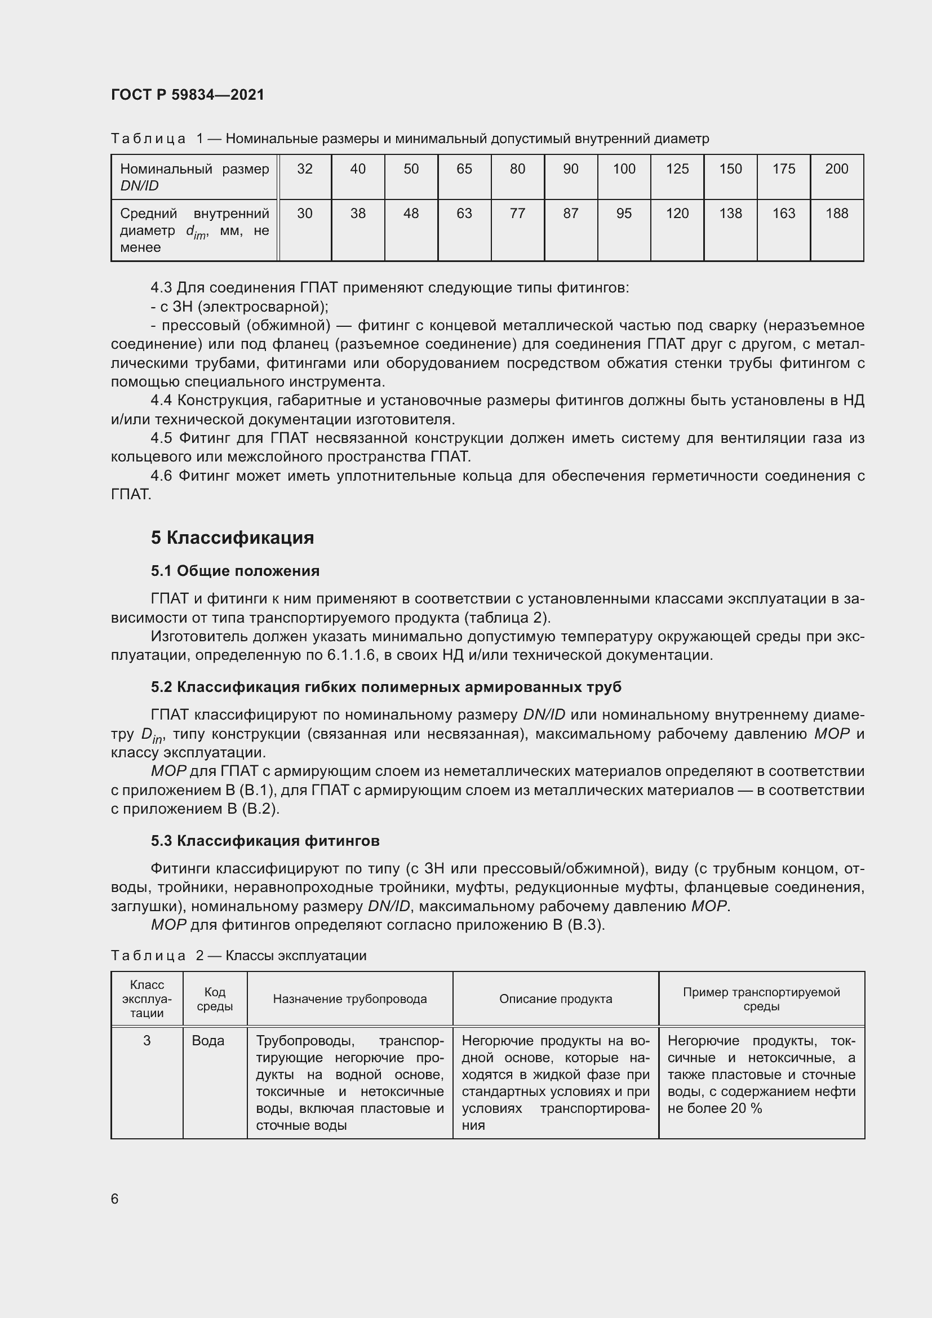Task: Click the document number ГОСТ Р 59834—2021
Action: [x=188, y=95]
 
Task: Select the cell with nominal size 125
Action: [x=677, y=169]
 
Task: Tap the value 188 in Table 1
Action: [x=836, y=214]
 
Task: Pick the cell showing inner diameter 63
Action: [x=464, y=214]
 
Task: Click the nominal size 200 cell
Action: [x=836, y=169]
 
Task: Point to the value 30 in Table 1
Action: [x=305, y=214]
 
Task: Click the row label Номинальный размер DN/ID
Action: [x=194, y=177]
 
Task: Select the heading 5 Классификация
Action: [x=232, y=538]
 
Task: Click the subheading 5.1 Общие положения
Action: [x=236, y=571]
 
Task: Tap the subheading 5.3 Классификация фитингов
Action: [x=265, y=841]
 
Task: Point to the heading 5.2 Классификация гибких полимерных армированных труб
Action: [x=385, y=687]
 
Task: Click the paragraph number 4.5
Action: [x=161, y=438]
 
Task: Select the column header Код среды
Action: [x=215, y=1000]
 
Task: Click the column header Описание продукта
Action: [x=555, y=1000]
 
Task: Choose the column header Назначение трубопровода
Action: [x=349, y=1000]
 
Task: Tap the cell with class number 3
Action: [x=147, y=1041]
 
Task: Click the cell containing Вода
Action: [x=208, y=1041]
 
